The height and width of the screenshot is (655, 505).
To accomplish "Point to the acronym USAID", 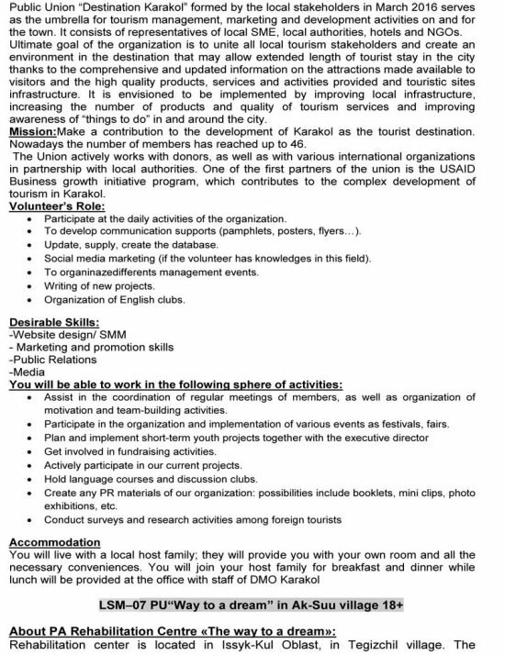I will [x=467, y=184].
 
